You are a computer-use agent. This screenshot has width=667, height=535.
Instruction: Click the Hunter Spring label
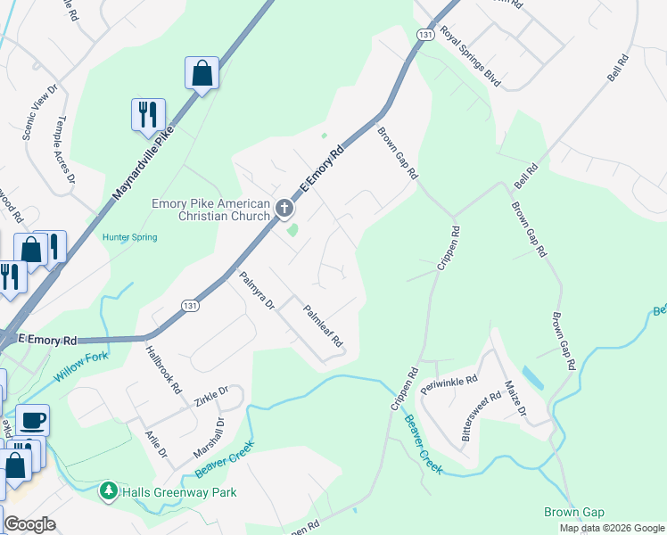pyautogui.click(x=129, y=237)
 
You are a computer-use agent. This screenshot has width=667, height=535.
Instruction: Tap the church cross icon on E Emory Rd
pyautogui.click(x=284, y=210)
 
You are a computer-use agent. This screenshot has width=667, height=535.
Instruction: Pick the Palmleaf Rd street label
pyautogui.click(x=323, y=325)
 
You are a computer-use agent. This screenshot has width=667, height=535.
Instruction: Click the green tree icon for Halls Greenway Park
pyautogui.click(x=109, y=491)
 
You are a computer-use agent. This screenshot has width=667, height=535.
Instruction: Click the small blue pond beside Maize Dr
pyautogui.click(x=533, y=377)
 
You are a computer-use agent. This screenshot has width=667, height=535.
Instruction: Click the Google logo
pyautogui.click(x=30, y=524)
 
